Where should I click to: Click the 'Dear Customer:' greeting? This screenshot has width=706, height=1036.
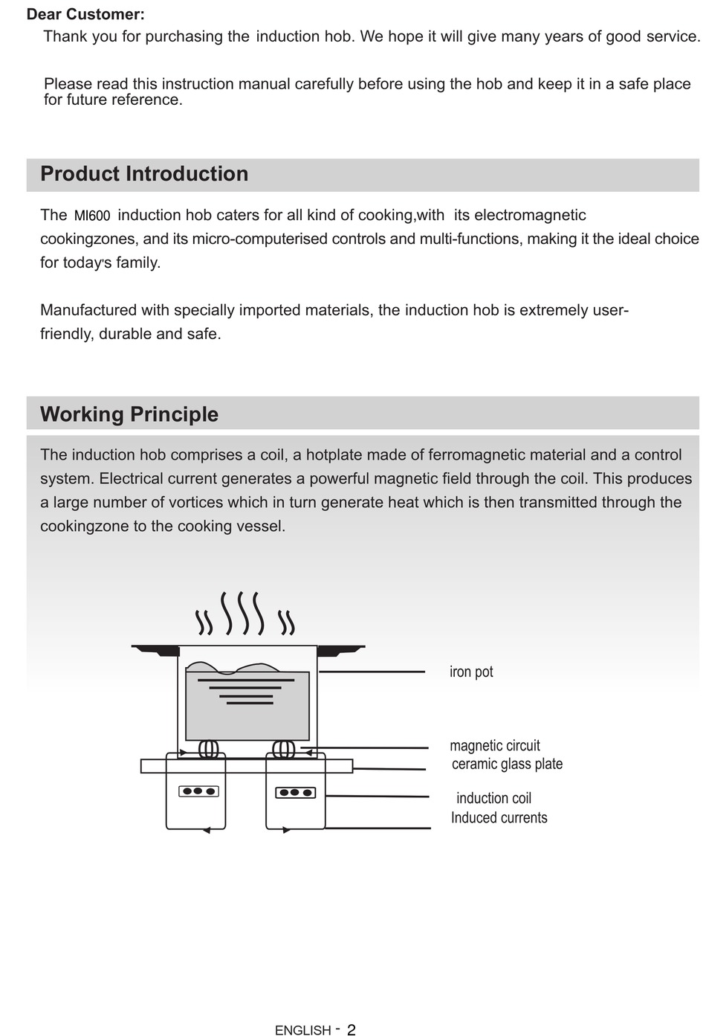pos(85,14)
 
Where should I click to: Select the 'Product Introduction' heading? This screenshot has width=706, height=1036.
pos(144,174)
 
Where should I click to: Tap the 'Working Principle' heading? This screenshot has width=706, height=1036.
pos(129,414)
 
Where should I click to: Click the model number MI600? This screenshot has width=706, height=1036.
pos(92,216)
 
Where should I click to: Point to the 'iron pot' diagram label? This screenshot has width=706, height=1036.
pos(471,672)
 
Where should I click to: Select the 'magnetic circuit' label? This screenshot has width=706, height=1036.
pos(495,745)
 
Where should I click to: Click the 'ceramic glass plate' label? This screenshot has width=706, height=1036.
pos(507,764)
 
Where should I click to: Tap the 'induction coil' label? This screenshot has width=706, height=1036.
pos(493,798)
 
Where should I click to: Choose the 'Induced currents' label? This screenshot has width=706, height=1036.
pos(499,817)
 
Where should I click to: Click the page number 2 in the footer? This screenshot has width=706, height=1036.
pos(352,1030)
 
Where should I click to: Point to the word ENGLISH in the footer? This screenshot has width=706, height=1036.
pos(302,1030)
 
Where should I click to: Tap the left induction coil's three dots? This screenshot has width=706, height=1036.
pos(198,791)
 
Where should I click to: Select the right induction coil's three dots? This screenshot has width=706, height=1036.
pos(295,793)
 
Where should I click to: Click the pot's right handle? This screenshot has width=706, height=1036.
pos(340,651)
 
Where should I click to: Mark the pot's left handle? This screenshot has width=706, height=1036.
pos(157,651)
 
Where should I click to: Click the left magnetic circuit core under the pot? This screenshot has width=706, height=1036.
pos(208,748)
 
